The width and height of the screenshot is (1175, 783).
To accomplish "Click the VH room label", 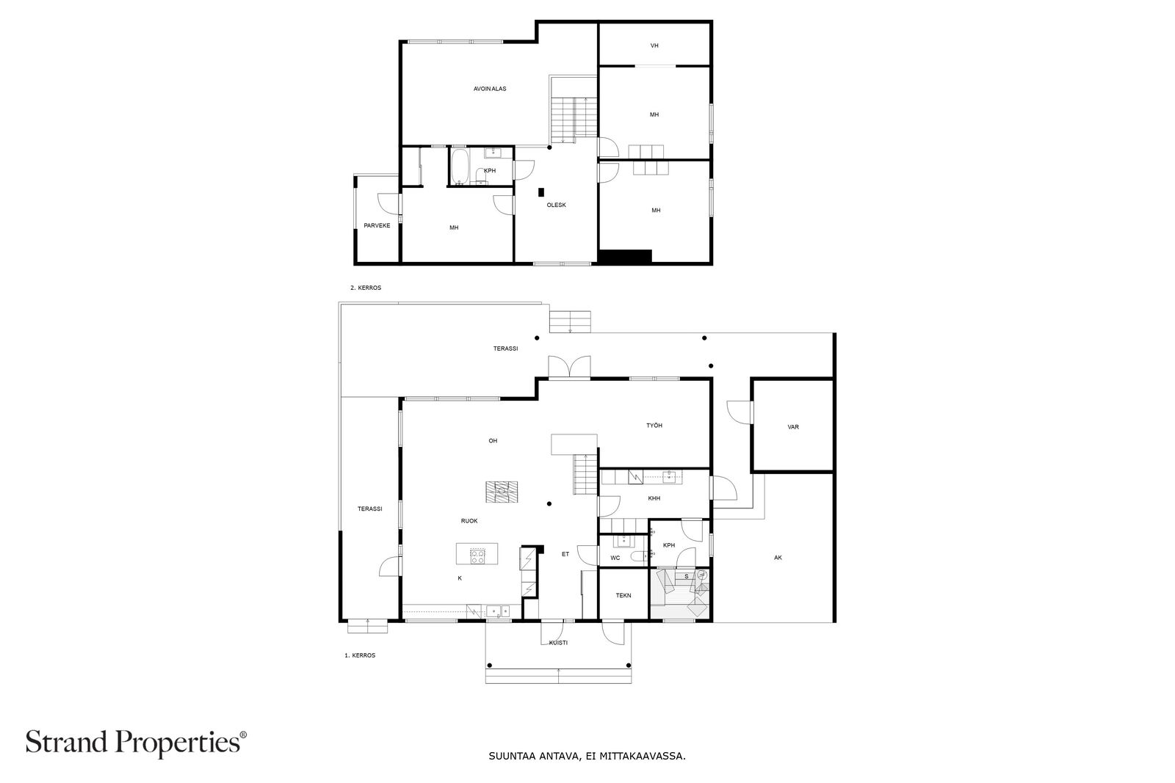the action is click(654, 45).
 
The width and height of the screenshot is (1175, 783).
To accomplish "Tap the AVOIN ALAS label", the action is click(489, 89).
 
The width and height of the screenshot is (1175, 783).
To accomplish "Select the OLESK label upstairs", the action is click(556, 205).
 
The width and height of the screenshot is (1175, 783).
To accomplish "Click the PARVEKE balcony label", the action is click(377, 225).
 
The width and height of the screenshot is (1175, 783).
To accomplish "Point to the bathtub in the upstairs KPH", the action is click(460, 167).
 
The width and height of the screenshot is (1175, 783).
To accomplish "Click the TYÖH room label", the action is click(654, 425).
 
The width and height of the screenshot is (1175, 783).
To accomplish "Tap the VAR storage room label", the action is click(792, 426).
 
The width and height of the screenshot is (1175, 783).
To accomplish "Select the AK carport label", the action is click(778, 558).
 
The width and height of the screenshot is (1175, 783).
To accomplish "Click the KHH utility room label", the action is click(654, 498).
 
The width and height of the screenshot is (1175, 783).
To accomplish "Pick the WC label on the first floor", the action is click(615, 558).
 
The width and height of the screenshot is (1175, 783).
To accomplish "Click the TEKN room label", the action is click(623, 595).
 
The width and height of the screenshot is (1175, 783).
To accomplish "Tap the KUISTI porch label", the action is click(558, 643).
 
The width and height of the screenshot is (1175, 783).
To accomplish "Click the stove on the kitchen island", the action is click(477, 556).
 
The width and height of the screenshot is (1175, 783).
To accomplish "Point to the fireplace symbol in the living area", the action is click(501, 492).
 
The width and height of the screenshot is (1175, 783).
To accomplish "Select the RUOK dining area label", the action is click(469, 520).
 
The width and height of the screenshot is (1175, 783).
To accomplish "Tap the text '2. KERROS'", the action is click(366, 288).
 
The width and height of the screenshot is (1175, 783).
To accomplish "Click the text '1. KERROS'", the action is click(360, 655).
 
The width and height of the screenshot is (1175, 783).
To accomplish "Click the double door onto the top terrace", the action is click(569, 367).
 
